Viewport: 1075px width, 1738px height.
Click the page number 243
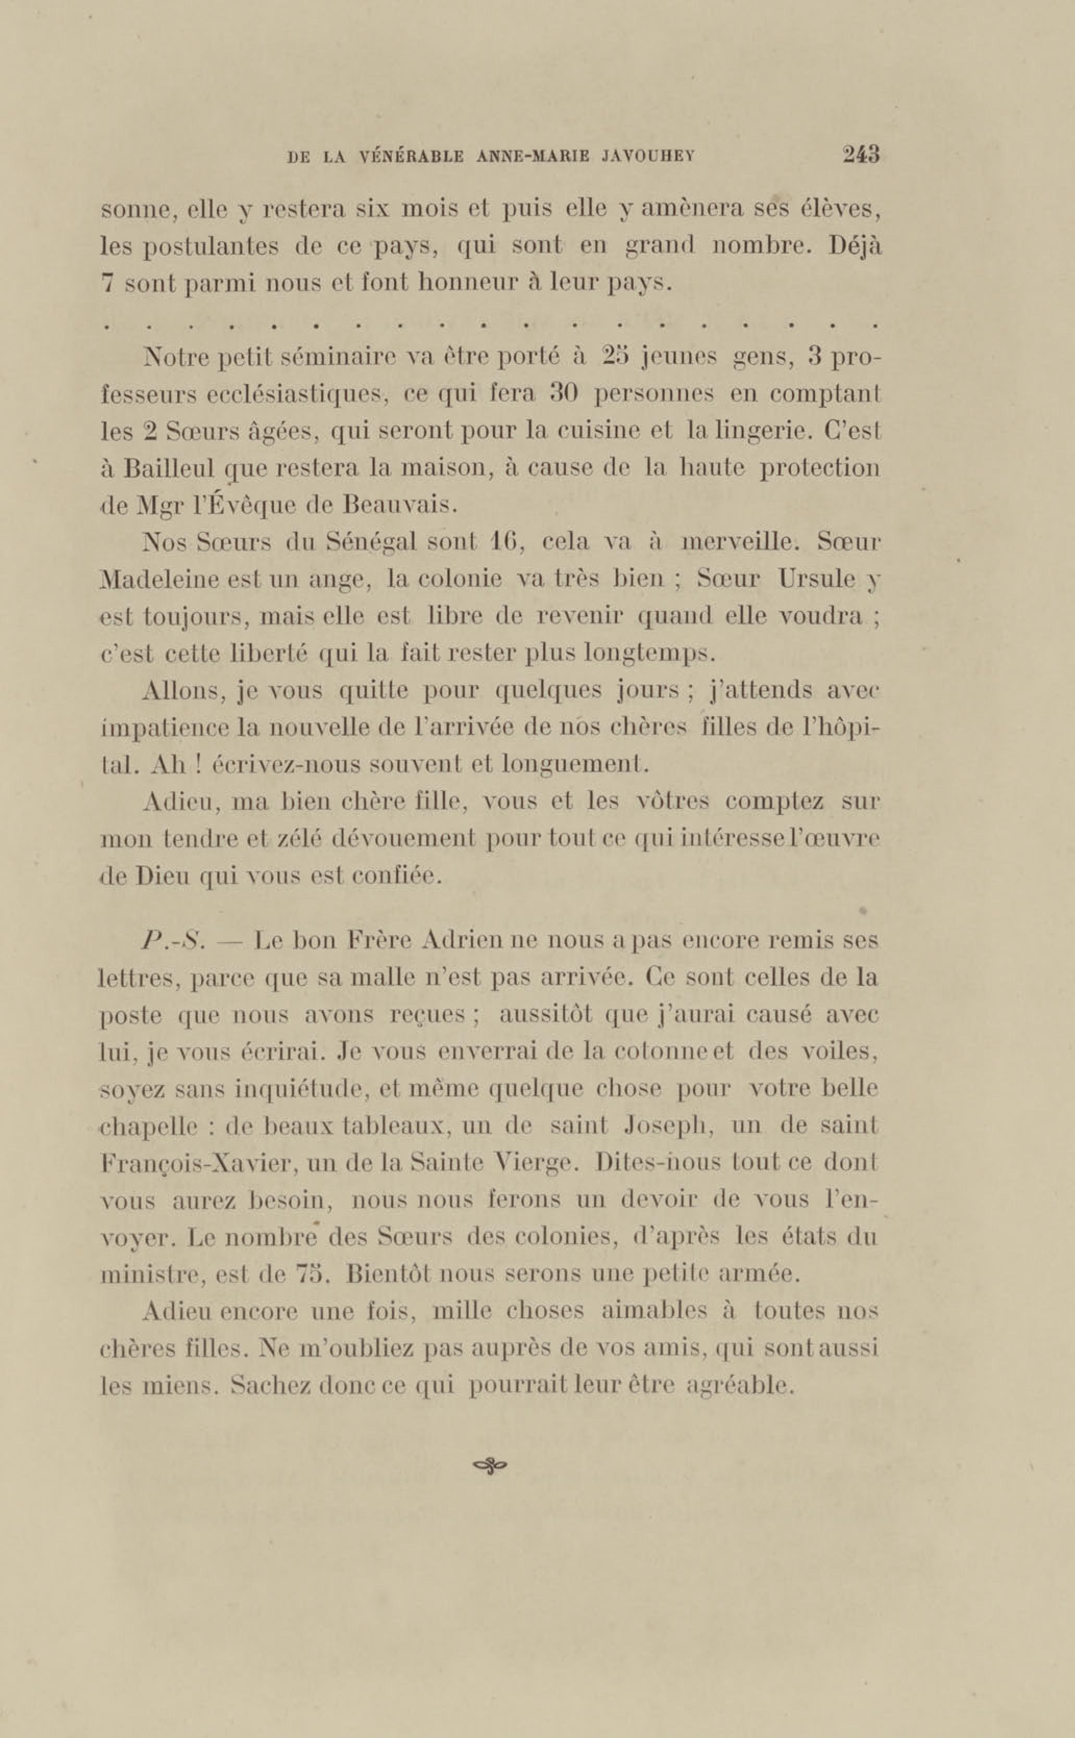[x=861, y=155]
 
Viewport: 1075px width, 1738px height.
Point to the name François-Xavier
[x=189, y=1164]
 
